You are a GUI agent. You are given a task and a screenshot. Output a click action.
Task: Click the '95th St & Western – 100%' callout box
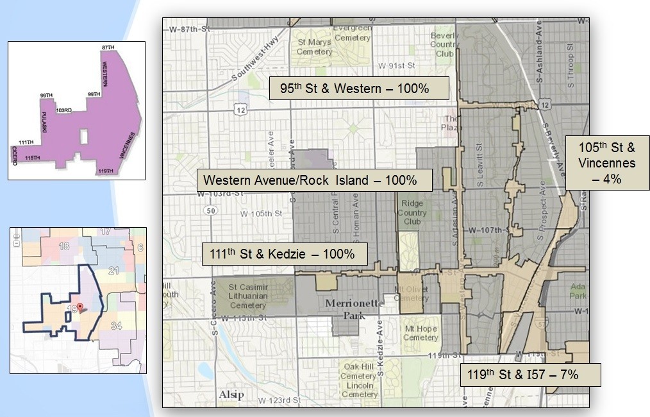click(359, 88)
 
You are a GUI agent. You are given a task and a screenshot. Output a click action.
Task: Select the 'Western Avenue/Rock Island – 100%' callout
click(315, 180)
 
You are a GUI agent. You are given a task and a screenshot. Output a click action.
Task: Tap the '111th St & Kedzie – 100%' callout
click(285, 254)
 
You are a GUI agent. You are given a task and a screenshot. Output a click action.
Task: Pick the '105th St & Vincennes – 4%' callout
click(606, 163)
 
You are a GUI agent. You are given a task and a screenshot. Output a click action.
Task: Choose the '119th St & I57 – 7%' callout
click(530, 375)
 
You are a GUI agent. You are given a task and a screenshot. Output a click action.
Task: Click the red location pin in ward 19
click(79, 307)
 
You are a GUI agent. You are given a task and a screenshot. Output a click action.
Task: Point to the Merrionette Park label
click(354, 309)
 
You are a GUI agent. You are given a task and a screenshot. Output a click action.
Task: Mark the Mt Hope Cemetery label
click(421, 334)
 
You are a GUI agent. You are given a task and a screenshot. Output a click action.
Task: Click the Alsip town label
click(231, 394)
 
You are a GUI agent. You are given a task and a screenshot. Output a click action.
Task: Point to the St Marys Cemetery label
click(314, 47)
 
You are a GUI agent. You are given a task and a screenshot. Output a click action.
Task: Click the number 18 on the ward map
click(63, 246)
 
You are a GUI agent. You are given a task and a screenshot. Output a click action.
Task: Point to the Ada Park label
click(579, 291)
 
